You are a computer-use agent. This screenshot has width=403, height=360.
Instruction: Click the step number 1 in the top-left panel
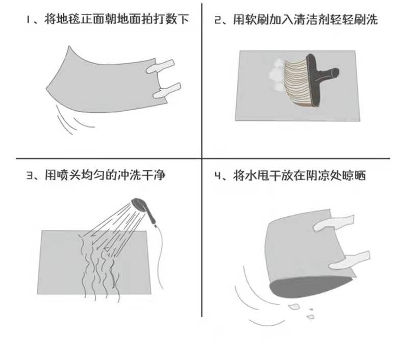28,20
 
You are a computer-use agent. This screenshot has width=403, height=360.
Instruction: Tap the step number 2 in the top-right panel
218,20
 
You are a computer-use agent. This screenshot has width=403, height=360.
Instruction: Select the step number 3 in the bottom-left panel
30,175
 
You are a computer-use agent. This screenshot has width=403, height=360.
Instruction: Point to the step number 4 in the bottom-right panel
218,176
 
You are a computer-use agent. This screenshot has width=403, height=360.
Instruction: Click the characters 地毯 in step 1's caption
62,19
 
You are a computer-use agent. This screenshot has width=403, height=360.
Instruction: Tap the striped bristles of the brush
297,81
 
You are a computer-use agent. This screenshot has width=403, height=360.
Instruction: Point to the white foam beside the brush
276,75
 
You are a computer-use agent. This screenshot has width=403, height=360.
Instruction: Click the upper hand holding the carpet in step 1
160,67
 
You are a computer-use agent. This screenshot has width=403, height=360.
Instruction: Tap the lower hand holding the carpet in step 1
167,91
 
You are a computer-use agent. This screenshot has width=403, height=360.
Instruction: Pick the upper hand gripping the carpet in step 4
334,223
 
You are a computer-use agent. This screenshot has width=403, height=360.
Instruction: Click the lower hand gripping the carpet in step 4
350,260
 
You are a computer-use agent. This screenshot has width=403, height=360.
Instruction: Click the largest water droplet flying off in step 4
294,306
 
